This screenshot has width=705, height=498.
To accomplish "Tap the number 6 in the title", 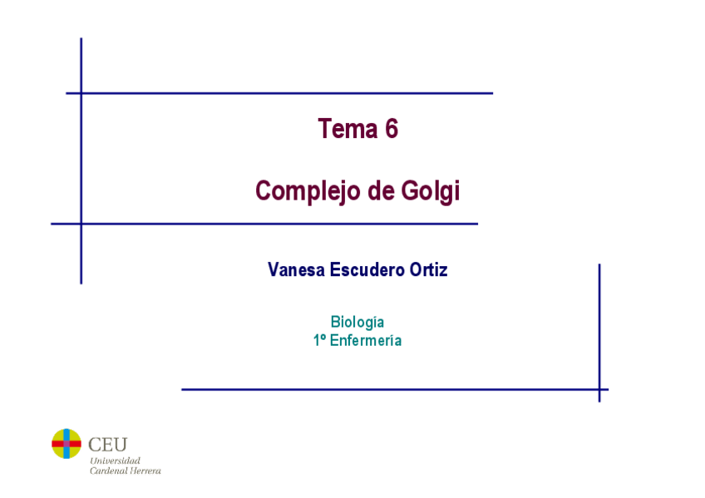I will click(392, 130).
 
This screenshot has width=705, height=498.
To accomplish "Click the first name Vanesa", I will click(296, 270).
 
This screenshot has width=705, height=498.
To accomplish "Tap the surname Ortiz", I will click(428, 270).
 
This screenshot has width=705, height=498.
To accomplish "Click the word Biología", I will click(357, 322).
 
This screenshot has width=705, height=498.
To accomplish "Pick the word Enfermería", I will click(366, 340).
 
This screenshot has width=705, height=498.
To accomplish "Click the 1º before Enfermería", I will click(319, 340).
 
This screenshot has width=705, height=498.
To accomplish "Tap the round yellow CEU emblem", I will click(67, 444).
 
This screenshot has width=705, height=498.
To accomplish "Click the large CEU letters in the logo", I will click(107, 445).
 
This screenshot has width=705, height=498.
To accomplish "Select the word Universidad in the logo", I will click(115, 461).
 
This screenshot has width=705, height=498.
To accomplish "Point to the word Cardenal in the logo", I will click(108, 471).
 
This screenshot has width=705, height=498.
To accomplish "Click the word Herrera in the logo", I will click(145, 471).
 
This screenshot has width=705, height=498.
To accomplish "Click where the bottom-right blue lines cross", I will click(599, 389).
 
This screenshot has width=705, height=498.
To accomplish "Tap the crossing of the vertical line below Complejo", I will click(81, 224).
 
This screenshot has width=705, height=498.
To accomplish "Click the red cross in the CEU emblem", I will click(67, 444).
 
